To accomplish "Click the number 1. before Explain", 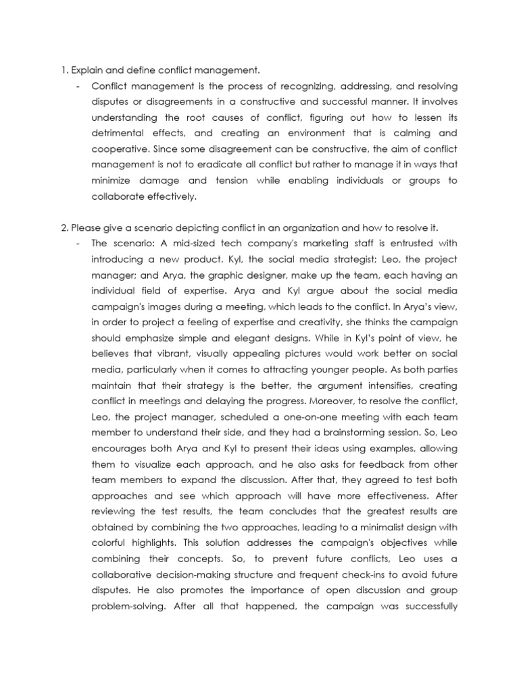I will (x=64, y=70).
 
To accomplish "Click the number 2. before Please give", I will (x=65, y=227).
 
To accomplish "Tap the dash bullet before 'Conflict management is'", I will (x=80, y=87).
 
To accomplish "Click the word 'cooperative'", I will (x=119, y=148).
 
